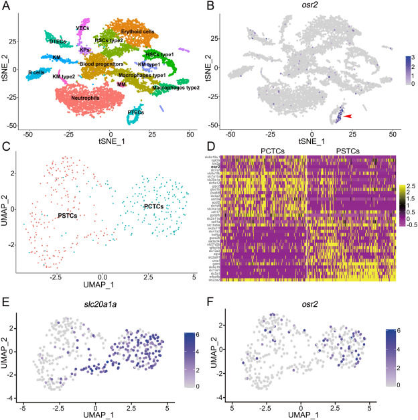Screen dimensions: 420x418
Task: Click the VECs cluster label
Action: pyautogui.click(x=83, y=28)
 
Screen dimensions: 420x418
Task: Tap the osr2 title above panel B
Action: pyautogui.click(x=318, y=7)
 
